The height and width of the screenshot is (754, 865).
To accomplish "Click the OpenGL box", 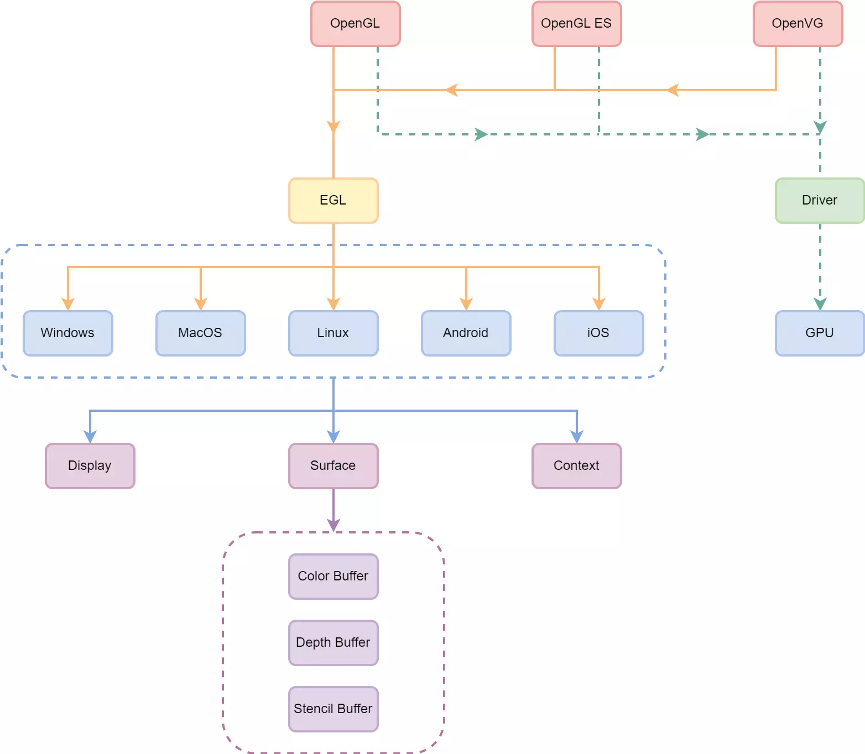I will click(x=355, y=24).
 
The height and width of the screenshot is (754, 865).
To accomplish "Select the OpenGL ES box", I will click(x=576, y=24).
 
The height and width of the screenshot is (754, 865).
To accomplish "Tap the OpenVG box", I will click(x=798, y=24).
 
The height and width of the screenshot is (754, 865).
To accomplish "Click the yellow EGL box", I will click(x=333, y=201).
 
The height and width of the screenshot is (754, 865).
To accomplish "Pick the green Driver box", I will click(x=820, y=201).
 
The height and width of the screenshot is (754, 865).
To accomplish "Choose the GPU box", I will click(x=820, y=333).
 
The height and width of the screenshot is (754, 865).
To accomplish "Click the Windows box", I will click(x=67, y=333).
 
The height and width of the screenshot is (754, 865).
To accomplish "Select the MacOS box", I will click(x=200, y=333).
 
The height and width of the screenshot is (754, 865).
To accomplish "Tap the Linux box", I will click(x=333, y=333).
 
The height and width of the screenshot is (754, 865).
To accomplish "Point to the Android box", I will click(x=466, y=333).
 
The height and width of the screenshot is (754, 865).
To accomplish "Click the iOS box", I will click(x=598, y=333).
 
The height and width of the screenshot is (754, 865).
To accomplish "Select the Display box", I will click(x=90, y=466).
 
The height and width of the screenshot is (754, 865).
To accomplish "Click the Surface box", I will click(x=333, y=466).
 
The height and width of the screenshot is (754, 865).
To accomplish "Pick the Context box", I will click(x=576, y=466).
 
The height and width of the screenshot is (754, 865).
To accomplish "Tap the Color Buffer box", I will click(x=333, y=577).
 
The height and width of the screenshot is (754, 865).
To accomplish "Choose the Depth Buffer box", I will click(x=333, y=643).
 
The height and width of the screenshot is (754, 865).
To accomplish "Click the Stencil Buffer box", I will click(x=333, y=709).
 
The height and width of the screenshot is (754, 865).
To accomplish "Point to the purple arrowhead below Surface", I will click(x=334, y=525).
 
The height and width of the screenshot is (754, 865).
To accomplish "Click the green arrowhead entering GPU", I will click(x=820, y=304).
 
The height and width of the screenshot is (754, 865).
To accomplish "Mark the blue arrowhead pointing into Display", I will click(x=90, y=437).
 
